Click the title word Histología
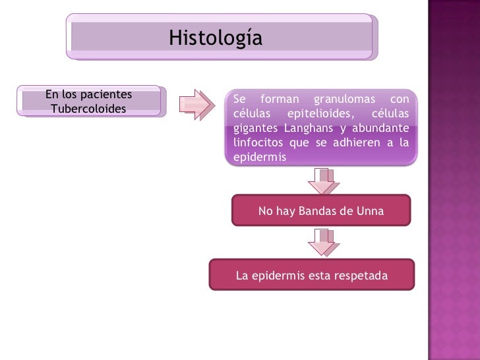coord(215,38)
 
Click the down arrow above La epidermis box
coord(324,243)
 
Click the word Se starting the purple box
coord(240,100)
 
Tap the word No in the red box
coord(266,211)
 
